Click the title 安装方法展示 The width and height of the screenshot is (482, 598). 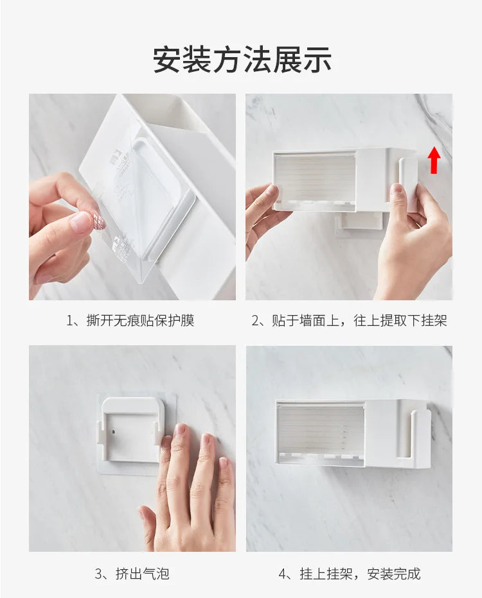(242, 60)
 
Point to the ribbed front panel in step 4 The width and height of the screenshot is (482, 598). (320, 429)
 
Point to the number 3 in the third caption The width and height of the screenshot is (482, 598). (100, 573)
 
